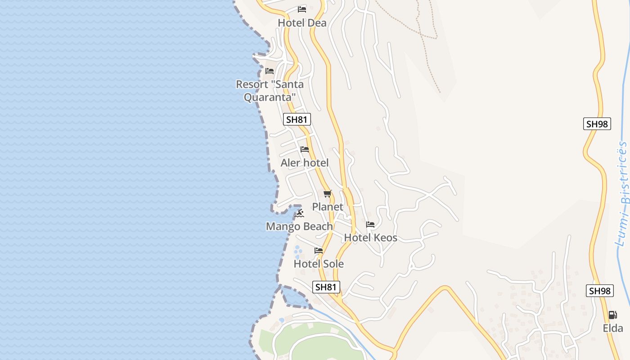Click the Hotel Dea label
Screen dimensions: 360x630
click(302, 22)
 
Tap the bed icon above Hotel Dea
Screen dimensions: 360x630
click(302, 9)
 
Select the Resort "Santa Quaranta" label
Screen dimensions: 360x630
click(270, 90)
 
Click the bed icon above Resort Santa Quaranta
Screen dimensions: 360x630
click(270, 71)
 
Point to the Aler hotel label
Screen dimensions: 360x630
click(305, 162)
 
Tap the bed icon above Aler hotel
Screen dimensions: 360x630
click(305, 149)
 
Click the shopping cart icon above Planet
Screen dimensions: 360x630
click(327, 194)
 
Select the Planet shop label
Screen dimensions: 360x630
click(328, 207)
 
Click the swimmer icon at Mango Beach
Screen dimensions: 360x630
click(299, 213)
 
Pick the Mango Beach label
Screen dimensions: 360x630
click(299, 226)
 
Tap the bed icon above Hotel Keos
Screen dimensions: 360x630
click(370, 224)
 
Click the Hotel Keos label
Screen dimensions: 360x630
click(370, 237)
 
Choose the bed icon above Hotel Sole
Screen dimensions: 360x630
click(319, 251)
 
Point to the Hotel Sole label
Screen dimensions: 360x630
click(319, 264)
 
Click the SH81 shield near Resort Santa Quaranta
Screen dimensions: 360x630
click(297, 119)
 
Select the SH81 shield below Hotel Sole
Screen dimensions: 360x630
click(326, 287)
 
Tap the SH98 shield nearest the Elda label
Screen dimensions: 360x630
click(600, 291)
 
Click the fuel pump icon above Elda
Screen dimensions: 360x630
click(612, 315)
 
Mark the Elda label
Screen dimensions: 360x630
click(613, 328)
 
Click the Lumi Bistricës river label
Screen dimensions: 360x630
click(623, 193)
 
